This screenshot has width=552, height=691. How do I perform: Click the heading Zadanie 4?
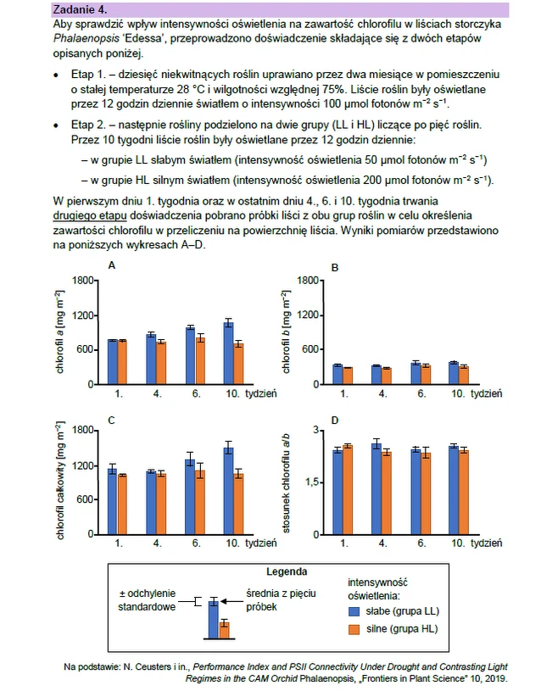click(80, 9)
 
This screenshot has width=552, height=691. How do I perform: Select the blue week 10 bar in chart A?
click(228, 353)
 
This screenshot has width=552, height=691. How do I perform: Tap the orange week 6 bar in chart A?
click(201, 361)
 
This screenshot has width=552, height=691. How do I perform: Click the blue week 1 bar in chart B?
click(337, 375)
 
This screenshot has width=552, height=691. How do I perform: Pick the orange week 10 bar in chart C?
click(238, 504)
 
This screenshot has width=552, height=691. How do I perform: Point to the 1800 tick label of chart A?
click(83, 281)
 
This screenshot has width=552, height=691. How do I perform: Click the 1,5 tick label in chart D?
click(311, 482)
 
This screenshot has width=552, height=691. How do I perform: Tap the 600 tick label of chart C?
click(85, 499)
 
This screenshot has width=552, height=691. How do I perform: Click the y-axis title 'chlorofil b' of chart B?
click(286, 332)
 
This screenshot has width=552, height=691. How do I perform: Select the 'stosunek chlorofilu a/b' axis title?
click(286, 483)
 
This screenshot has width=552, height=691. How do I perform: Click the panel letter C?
click(112, 421)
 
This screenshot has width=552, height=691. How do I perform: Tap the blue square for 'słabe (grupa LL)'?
click(354, 611)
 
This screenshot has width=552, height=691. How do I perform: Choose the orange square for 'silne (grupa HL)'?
click(354, 629)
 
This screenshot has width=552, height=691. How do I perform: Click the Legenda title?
click(287, 572)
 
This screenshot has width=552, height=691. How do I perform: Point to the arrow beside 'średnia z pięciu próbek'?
click(232, 601)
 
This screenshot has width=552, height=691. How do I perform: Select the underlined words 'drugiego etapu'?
click(90, 216)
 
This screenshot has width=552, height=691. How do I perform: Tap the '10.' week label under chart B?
click(458, 393)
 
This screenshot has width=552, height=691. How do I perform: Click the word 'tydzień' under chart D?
click(487, 543)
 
